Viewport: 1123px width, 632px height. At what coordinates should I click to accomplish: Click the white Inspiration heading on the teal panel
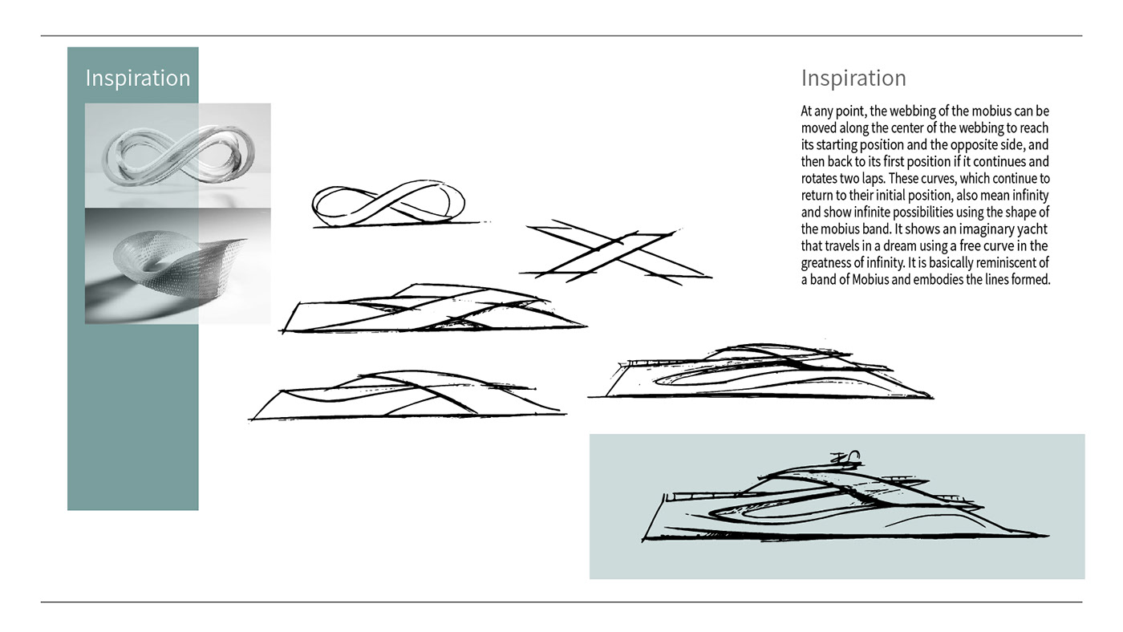tap(137, 79)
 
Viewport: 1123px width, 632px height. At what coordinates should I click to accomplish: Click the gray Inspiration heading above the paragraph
tap(853, 79)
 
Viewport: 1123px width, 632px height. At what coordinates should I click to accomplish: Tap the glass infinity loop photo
tap(177, 155)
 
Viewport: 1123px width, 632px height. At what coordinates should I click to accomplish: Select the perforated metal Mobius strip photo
tap(177, 265)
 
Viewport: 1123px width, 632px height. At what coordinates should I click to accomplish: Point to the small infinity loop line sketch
tap(387, 204)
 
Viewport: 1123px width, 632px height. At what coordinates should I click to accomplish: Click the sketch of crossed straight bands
tap(614, 252)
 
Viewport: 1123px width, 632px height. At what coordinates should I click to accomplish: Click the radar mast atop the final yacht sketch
tap(847, 458)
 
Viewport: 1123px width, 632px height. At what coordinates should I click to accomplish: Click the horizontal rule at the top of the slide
tap(561, 36)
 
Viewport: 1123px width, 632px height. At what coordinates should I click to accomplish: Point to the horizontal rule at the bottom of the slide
tap(561, 602)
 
